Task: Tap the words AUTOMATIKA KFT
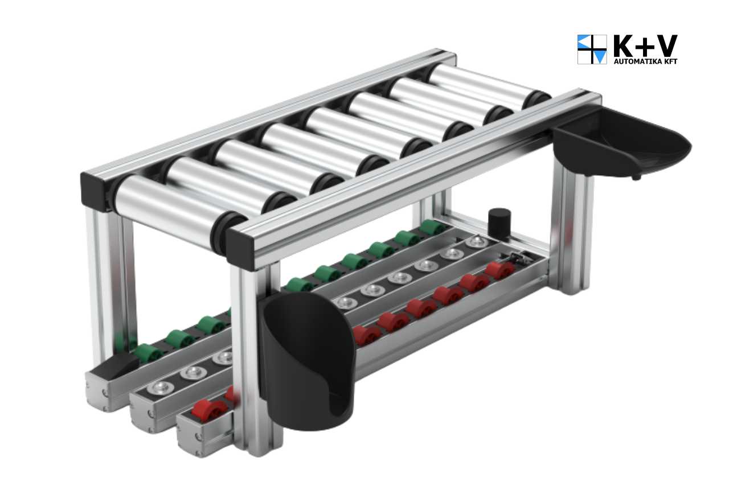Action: click(645, 61)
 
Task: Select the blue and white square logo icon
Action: click(592, 49)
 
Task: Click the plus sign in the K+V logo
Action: click(645, 47)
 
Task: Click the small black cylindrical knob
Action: click(499, 219)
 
